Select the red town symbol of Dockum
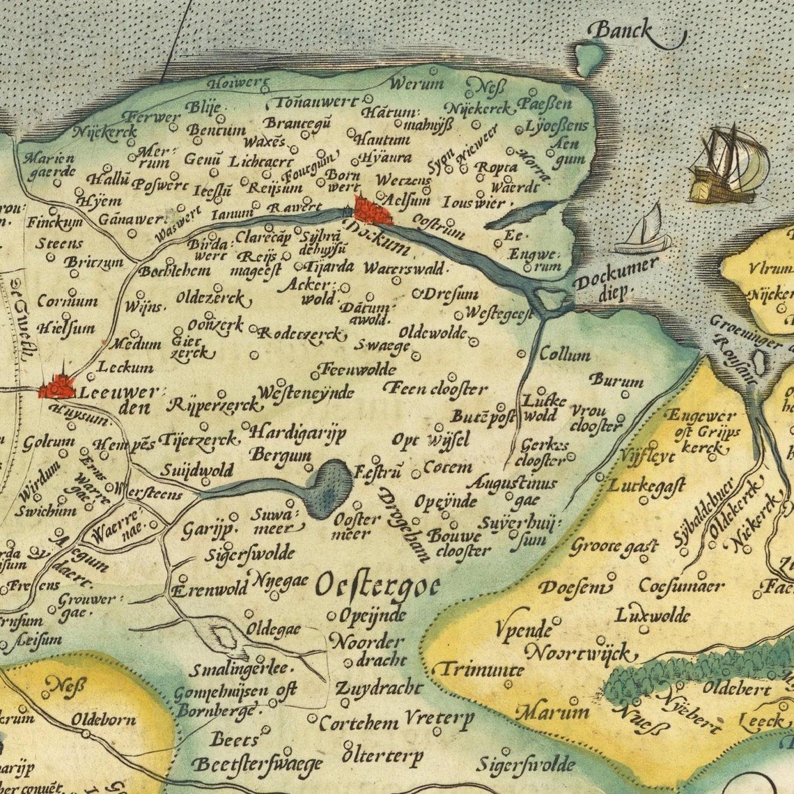pos(371,209)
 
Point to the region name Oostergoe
pos(378,586)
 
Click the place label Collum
pos(564,355)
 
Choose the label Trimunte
pos(480,670)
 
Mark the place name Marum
pos(552,712)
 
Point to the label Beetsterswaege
pos(257,764)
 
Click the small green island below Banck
pos(587,58)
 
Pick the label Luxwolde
pos(653,615)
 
